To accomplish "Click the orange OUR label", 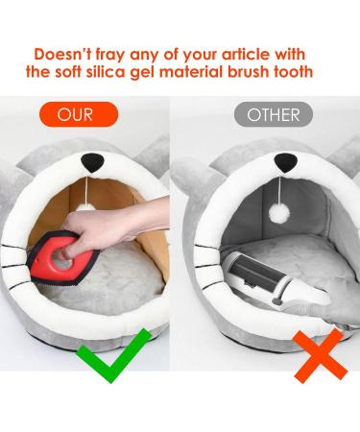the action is click(x=79, y=114).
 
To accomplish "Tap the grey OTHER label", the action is click(x=274, y=114).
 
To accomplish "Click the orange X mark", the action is click(x=320, y=356).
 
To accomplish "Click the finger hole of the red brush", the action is click(x=63, y=258).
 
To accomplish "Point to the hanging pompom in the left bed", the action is click(x=85, y=206).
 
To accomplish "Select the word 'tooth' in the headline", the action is click(x=293, y=71).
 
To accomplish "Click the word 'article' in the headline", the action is click(x=246, y=54).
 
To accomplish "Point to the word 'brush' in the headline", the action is click(x=249, y=71).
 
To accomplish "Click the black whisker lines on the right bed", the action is click(x=207, y=256).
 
